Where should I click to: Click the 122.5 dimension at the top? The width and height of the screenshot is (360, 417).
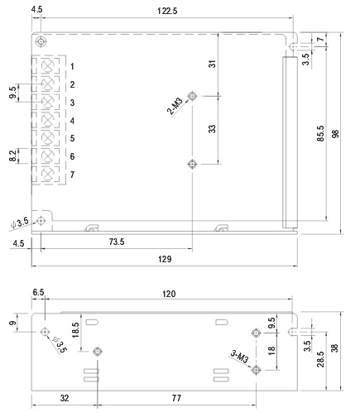[167, 11]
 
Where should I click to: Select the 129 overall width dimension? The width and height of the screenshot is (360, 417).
[165, 259]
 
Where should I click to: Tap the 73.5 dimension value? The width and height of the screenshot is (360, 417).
[117, 242]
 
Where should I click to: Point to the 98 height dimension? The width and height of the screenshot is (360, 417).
[335, 134]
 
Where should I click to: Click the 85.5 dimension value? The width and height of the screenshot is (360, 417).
[320, 134]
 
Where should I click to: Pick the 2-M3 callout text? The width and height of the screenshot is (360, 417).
[175, 106]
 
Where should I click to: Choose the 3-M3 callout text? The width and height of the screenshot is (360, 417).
[239, 357]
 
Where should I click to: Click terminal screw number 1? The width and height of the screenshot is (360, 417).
[47, 66]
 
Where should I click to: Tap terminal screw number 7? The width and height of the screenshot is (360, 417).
[47, 175]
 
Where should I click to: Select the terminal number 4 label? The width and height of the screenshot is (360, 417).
[72, 121]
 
